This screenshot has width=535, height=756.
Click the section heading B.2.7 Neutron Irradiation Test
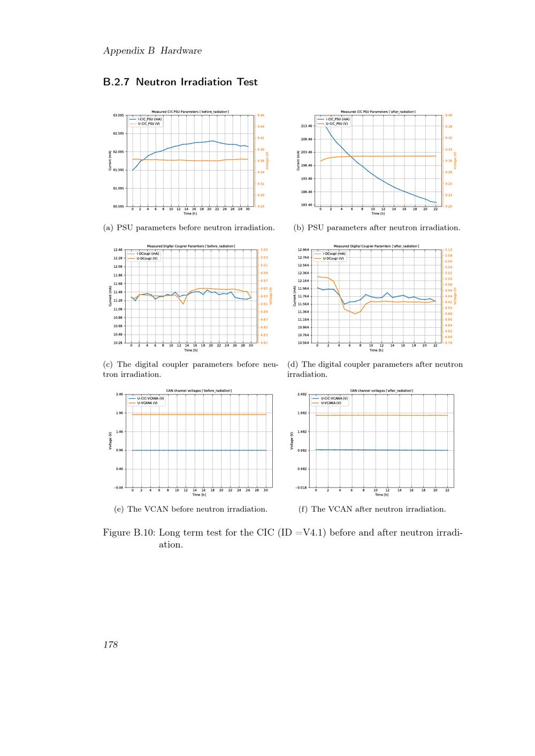(180, 82)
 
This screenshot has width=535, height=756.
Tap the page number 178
(110, 644)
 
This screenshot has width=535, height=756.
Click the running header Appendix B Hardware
(152, 51)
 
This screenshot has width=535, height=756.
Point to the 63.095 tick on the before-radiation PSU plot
(118, 115)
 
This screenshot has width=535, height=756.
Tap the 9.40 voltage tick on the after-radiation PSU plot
(448, 115)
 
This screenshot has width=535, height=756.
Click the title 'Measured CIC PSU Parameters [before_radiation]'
(190, 111)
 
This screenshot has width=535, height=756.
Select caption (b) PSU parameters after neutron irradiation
(377, 228)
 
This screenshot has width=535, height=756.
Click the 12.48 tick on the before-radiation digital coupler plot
(118, 250)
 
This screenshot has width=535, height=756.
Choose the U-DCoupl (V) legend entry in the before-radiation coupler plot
(147, 258)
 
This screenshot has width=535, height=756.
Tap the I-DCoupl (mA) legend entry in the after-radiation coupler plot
(334, 254)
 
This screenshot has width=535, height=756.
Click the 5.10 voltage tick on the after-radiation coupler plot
(448, 250)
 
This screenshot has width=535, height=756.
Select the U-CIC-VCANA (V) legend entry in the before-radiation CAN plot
(150, 398)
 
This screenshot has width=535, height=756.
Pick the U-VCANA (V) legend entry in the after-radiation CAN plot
(332, 403)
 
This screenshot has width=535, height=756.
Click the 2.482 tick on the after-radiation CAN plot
(302, 394)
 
